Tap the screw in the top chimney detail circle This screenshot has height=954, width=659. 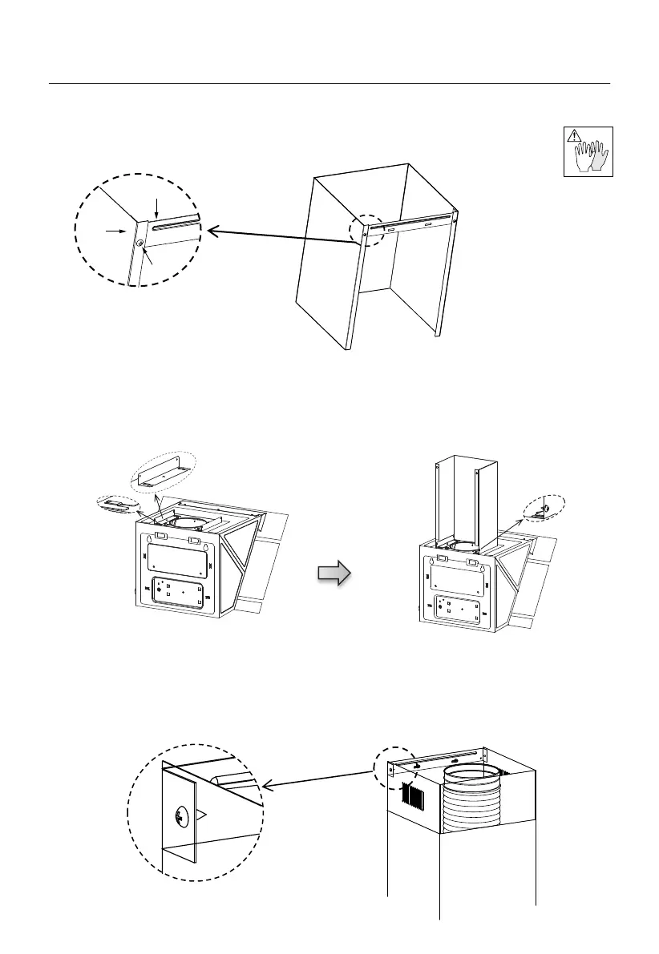(141, 243)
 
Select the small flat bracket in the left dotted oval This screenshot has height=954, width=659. (115, 504)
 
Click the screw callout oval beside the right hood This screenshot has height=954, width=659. (544, 509)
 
